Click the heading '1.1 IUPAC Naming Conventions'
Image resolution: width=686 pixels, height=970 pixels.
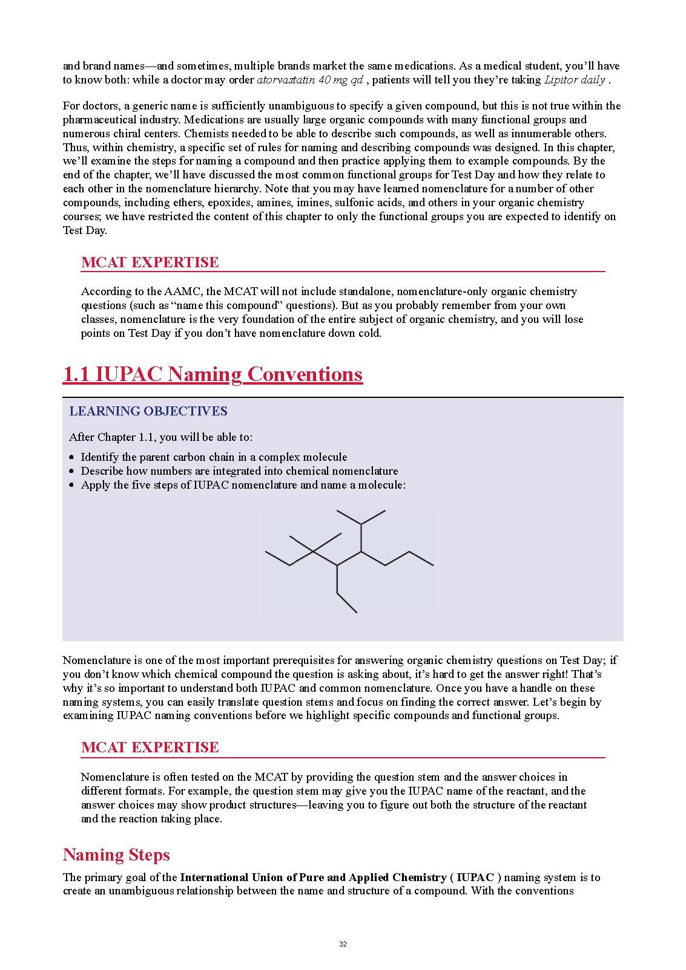[213, 374]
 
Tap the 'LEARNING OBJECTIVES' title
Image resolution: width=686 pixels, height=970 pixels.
[148, 411]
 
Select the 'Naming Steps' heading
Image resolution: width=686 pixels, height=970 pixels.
[116, 854]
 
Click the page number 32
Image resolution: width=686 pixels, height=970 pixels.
[343, 944]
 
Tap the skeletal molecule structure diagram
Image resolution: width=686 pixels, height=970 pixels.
[349, 561]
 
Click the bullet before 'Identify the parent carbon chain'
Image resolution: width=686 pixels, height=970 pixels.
[73, 458]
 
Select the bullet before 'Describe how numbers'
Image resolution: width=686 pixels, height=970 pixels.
[73, 472]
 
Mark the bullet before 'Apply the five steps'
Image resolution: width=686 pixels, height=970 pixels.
[73, 486]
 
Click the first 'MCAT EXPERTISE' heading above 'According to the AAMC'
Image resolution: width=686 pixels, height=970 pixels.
[150, 262]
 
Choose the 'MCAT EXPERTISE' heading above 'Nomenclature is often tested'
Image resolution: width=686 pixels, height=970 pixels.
[150, 747]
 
